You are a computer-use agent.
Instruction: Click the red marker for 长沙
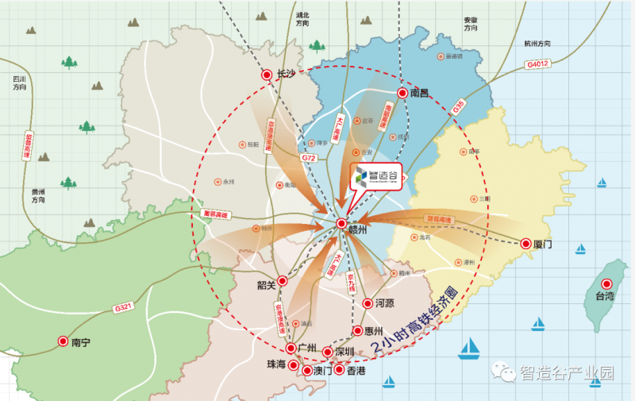pyautogui.click(x=267, y=75)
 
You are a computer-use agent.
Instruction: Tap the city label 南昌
pyautogui.click(x=420, y=93)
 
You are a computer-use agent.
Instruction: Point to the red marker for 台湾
pyautogui.click(x=607, y=284)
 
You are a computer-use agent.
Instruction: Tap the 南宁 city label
pyautogui.click(x=81, y=343)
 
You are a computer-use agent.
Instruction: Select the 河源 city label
pyautogui.click(x=385, y=303)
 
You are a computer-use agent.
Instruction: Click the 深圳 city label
pyautogui.click(x=345, y=352)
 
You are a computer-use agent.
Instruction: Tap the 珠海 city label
pyautogui.click(x=275, y=364)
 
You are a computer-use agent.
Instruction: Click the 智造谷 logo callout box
pyautogui.click(x=375, y=176)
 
